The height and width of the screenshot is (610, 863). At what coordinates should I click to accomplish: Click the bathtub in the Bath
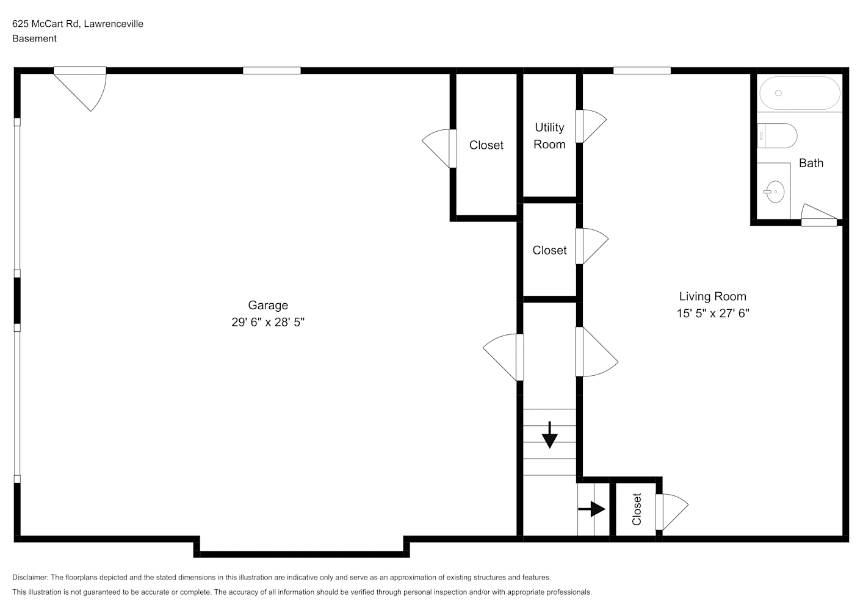pos(800,93)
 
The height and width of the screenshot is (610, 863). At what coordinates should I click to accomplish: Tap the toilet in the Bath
pos(777,135)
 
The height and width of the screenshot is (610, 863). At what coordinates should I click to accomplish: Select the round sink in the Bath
pos(775,192)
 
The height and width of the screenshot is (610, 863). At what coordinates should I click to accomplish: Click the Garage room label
pos(268,305)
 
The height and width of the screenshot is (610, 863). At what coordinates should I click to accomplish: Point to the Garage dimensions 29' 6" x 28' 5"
pos(268,322)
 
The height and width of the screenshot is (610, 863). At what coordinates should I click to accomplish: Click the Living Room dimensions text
pos(713,313)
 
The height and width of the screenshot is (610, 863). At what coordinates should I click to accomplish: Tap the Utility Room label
pos(549,135)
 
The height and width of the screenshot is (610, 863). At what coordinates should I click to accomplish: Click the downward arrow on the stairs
pos(550,435)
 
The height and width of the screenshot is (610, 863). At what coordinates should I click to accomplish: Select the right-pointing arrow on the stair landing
pos(592,509)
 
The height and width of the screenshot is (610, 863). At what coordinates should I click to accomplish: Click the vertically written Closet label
pos(637,509)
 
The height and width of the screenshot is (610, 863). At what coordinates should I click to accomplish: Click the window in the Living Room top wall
pos(642,71)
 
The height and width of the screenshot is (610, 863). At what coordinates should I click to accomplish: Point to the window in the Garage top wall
pos(272,71)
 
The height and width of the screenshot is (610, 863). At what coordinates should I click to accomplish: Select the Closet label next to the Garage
pos(486,145)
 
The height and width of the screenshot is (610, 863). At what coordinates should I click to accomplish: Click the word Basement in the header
pos(34,38)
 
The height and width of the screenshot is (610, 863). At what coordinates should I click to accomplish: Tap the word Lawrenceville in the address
pos(114,24)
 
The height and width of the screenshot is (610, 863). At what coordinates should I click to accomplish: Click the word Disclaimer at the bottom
pos(31,577)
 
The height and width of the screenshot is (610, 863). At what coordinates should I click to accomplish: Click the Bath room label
pos(811,163)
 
